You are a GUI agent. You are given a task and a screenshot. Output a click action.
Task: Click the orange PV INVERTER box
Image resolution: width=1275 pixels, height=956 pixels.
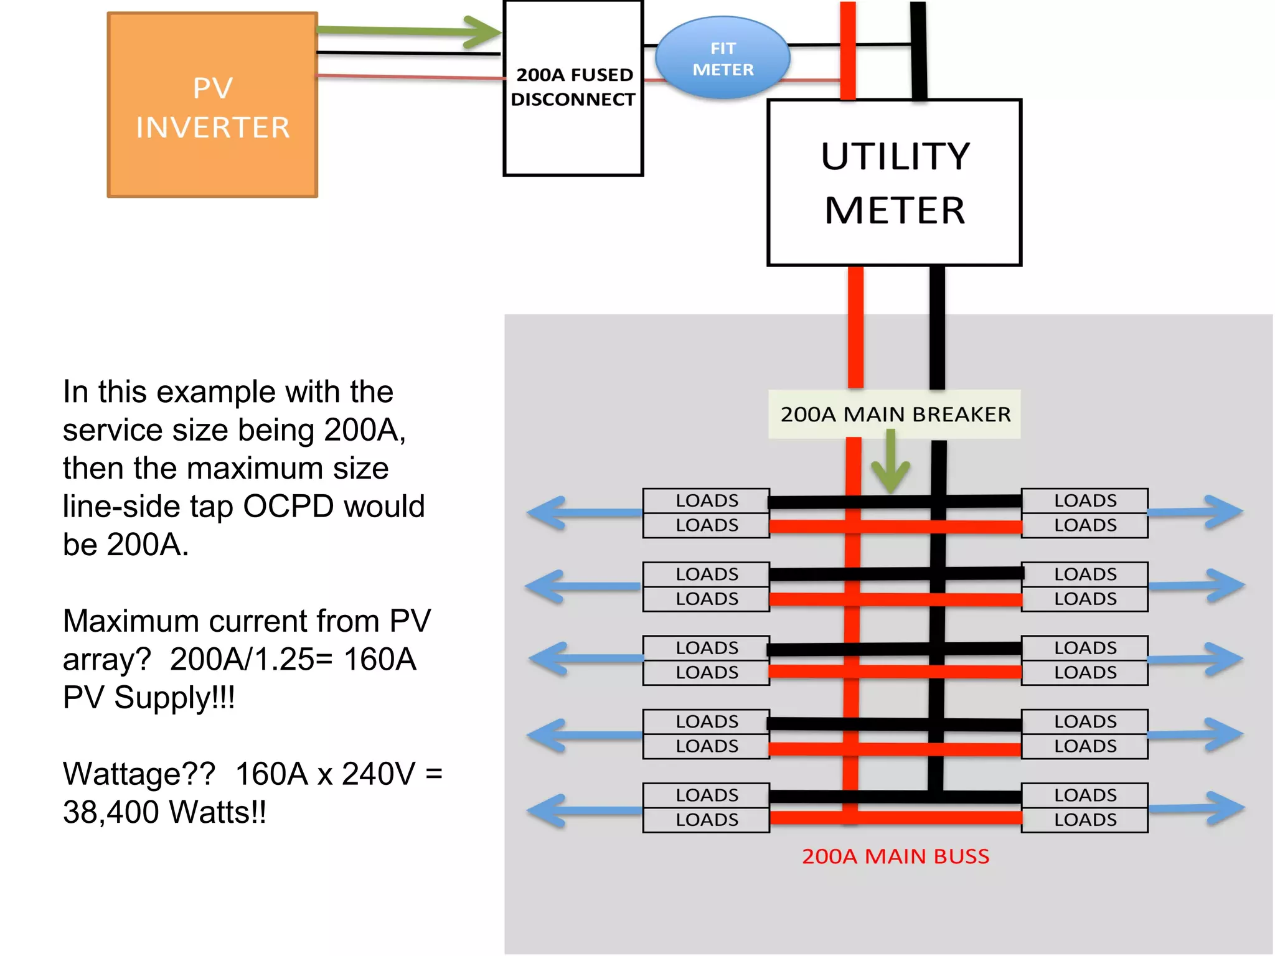212,105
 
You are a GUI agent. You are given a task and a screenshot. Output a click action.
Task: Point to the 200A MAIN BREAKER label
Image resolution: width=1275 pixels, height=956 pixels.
895,415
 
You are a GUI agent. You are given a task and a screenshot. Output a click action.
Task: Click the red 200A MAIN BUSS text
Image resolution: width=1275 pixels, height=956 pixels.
895,856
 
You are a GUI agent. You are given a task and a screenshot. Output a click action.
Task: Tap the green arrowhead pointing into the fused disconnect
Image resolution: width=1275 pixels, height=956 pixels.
482,32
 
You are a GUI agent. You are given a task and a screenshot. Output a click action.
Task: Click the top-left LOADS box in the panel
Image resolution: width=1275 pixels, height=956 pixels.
707,500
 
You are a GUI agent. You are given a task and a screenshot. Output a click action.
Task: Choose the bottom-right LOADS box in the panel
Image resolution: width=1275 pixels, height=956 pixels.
1085,820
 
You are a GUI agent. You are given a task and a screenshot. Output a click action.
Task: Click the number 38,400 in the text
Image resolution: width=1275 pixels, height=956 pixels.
110,812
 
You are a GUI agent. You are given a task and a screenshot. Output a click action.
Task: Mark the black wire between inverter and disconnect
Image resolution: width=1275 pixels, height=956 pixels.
408,54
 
